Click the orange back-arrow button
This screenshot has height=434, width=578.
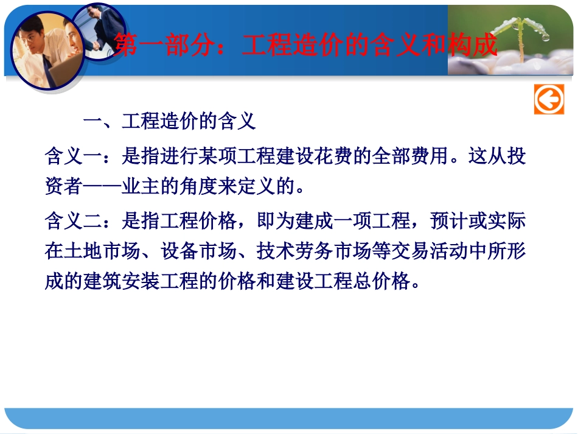click(549, 99)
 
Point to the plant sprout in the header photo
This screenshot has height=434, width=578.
click(520, 37)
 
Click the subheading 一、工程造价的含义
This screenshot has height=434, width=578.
click(169, 122)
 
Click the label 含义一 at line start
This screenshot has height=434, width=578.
click(72, 156)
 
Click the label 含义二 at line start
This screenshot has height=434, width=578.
click(72, 221)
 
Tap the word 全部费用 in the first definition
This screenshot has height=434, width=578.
click(409, 156)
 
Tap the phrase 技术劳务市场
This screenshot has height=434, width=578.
click(304, 251)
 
